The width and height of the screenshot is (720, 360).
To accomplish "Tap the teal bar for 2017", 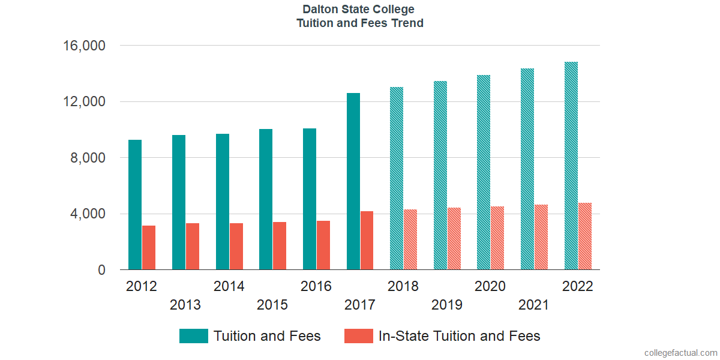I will pos(353,181).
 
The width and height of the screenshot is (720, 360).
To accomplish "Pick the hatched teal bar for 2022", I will pos(571,166).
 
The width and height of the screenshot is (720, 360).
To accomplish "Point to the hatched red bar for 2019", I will pos(454,239).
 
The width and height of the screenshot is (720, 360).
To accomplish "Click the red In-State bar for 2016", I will pos(323,245).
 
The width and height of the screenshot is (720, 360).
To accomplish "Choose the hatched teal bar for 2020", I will pos(484,172).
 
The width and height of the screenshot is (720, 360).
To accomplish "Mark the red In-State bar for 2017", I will pos(367,241).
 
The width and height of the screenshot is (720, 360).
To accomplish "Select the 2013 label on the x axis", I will pos(185,305).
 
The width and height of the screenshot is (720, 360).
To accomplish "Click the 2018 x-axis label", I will pos(403,286).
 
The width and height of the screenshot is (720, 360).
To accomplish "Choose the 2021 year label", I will pos(534,305).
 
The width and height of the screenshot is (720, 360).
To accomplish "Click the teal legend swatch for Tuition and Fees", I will pos(194,336).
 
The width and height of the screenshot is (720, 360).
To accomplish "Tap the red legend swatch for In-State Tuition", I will pos(359,336).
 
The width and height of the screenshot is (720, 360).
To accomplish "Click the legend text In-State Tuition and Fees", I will pos(460,336).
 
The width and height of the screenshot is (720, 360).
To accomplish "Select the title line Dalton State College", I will pos(359,10).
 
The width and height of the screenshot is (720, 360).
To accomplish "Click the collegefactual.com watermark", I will pos(680,353).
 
